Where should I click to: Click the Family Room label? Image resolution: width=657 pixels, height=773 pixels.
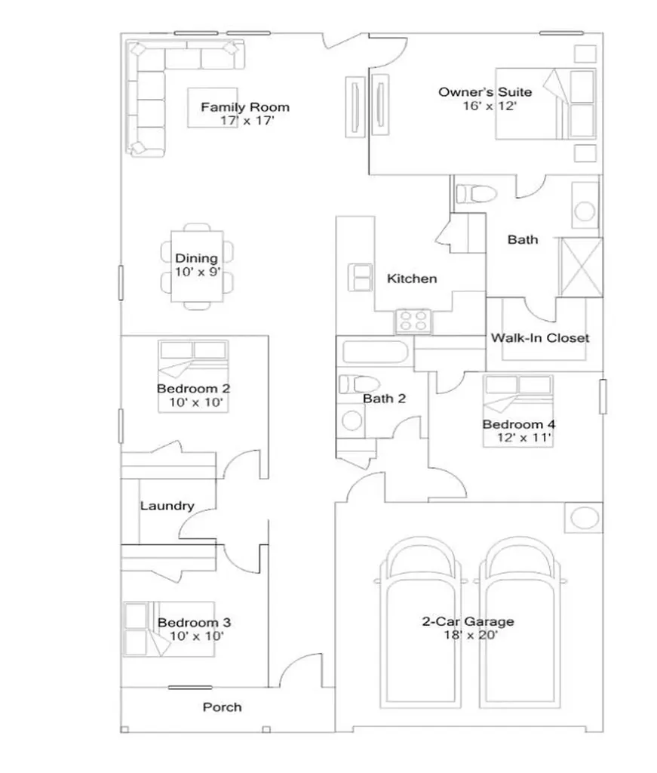[245, 107]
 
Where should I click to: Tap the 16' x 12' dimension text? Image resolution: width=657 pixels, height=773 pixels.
[490, 106]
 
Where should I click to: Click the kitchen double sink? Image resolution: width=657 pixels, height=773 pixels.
[360, 278]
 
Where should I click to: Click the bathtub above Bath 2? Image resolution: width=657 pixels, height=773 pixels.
[376, 352]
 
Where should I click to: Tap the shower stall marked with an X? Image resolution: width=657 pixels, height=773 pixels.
[581, 268]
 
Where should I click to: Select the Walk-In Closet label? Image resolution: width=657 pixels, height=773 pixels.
[540, 337]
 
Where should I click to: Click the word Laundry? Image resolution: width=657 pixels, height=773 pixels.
[167, 506]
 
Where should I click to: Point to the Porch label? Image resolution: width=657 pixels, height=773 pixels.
[222, 707]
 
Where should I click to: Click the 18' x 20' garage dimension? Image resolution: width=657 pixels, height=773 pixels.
[471, 635]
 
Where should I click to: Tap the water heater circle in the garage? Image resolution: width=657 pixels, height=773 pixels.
[585, 518]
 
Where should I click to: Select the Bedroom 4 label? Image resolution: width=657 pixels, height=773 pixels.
[519, 424]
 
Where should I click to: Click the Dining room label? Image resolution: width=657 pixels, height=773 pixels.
[197, 258]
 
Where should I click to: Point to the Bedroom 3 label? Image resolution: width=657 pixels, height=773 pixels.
[194, 623]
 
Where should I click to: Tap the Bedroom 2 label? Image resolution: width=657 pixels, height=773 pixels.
[194, 389]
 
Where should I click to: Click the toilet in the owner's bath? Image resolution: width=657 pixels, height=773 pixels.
[474, 194]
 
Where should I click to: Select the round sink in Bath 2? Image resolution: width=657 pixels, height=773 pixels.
[352, 420]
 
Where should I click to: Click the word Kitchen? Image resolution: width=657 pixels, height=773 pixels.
[412, 279]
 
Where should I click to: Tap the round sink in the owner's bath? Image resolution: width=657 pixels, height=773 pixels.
[585, 211]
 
